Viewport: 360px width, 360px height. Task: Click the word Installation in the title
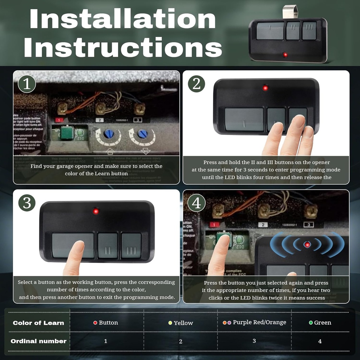[123, 19]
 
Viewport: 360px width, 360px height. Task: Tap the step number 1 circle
[27, 84]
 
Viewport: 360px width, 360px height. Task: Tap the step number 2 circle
[197, 84]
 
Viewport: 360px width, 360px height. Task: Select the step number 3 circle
[27, 203]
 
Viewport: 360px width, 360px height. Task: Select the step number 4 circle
[197, 203]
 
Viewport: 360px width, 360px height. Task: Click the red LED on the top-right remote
[285, 55]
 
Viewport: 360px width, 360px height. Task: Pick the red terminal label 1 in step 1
[59, 120]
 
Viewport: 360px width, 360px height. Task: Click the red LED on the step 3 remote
[95, 211]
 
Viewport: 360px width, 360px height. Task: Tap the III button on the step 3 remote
[131, 245]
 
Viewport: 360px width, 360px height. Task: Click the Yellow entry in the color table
[181, 323]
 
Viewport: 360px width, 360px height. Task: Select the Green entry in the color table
[320, 322]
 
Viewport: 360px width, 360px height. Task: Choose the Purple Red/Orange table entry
[255, 322]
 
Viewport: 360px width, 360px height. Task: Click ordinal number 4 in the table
[320, 341]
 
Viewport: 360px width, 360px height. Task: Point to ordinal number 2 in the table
[181, 341]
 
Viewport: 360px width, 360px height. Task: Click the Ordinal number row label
[38, 341]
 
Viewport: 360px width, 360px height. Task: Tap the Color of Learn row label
[38, 323]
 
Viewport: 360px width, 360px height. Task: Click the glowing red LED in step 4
[307, 244]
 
